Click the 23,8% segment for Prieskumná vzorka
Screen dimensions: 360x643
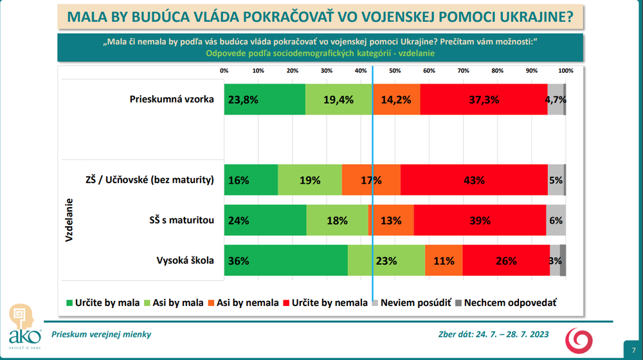(264, 100)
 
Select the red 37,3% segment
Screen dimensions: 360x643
(484, 100)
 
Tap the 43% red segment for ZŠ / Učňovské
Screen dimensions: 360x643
(474, 180)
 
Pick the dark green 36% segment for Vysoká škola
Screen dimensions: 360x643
(285, 261)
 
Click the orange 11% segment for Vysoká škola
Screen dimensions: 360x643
(444, 261)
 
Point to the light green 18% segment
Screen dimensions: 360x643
(337, 221)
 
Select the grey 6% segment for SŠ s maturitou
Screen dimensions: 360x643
(556, 221)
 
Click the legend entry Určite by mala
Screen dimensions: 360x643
(103, 302)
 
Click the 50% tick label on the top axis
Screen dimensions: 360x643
(395, 71)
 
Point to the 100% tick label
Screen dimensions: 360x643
(566, 71)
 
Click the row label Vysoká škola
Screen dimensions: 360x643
(185, 261)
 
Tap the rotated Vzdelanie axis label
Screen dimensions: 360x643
(68, 221)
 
